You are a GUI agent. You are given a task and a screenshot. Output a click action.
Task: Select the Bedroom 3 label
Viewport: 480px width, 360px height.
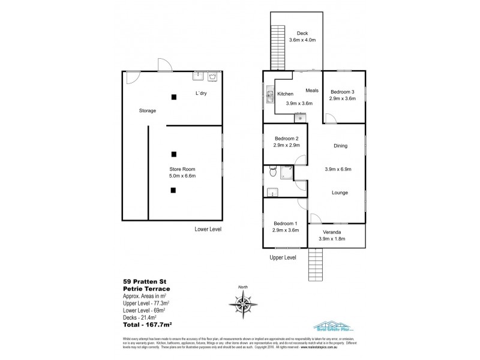343,91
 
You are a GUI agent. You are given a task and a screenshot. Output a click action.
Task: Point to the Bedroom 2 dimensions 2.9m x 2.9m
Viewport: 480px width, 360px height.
286,146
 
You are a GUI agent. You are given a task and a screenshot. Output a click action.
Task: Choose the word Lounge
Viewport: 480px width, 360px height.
340,193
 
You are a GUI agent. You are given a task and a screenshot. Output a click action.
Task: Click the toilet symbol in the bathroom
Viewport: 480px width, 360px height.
273,173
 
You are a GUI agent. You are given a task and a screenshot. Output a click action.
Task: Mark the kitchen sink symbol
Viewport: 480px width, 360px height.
270,97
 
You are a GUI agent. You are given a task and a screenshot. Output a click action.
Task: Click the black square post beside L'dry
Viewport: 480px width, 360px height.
173,97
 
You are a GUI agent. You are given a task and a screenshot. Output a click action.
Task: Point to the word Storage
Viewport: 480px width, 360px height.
148,111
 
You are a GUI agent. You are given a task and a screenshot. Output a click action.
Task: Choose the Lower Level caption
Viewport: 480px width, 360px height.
208,230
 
